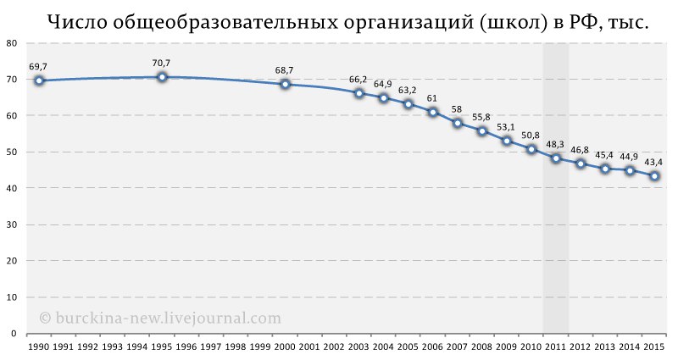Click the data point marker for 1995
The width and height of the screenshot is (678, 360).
click(162, 77)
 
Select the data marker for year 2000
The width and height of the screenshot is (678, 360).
click(285, 84)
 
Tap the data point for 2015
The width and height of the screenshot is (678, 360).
click(654, 176)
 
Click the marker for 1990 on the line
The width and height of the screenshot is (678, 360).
click(39, 80)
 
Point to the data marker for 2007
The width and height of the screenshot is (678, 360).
click(458, 123)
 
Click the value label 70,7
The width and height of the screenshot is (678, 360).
click(162, 63)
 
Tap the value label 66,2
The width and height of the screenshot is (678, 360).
click(358, 80)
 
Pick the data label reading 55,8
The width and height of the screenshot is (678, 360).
click(481, 117)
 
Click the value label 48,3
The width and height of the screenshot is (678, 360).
click(556, 144)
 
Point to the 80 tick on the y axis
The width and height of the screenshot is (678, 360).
click(10, 43)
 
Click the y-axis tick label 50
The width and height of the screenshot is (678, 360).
click(10, 152)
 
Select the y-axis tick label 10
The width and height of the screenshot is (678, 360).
click(10, 298)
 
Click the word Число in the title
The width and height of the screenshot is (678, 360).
click(75, 23)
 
